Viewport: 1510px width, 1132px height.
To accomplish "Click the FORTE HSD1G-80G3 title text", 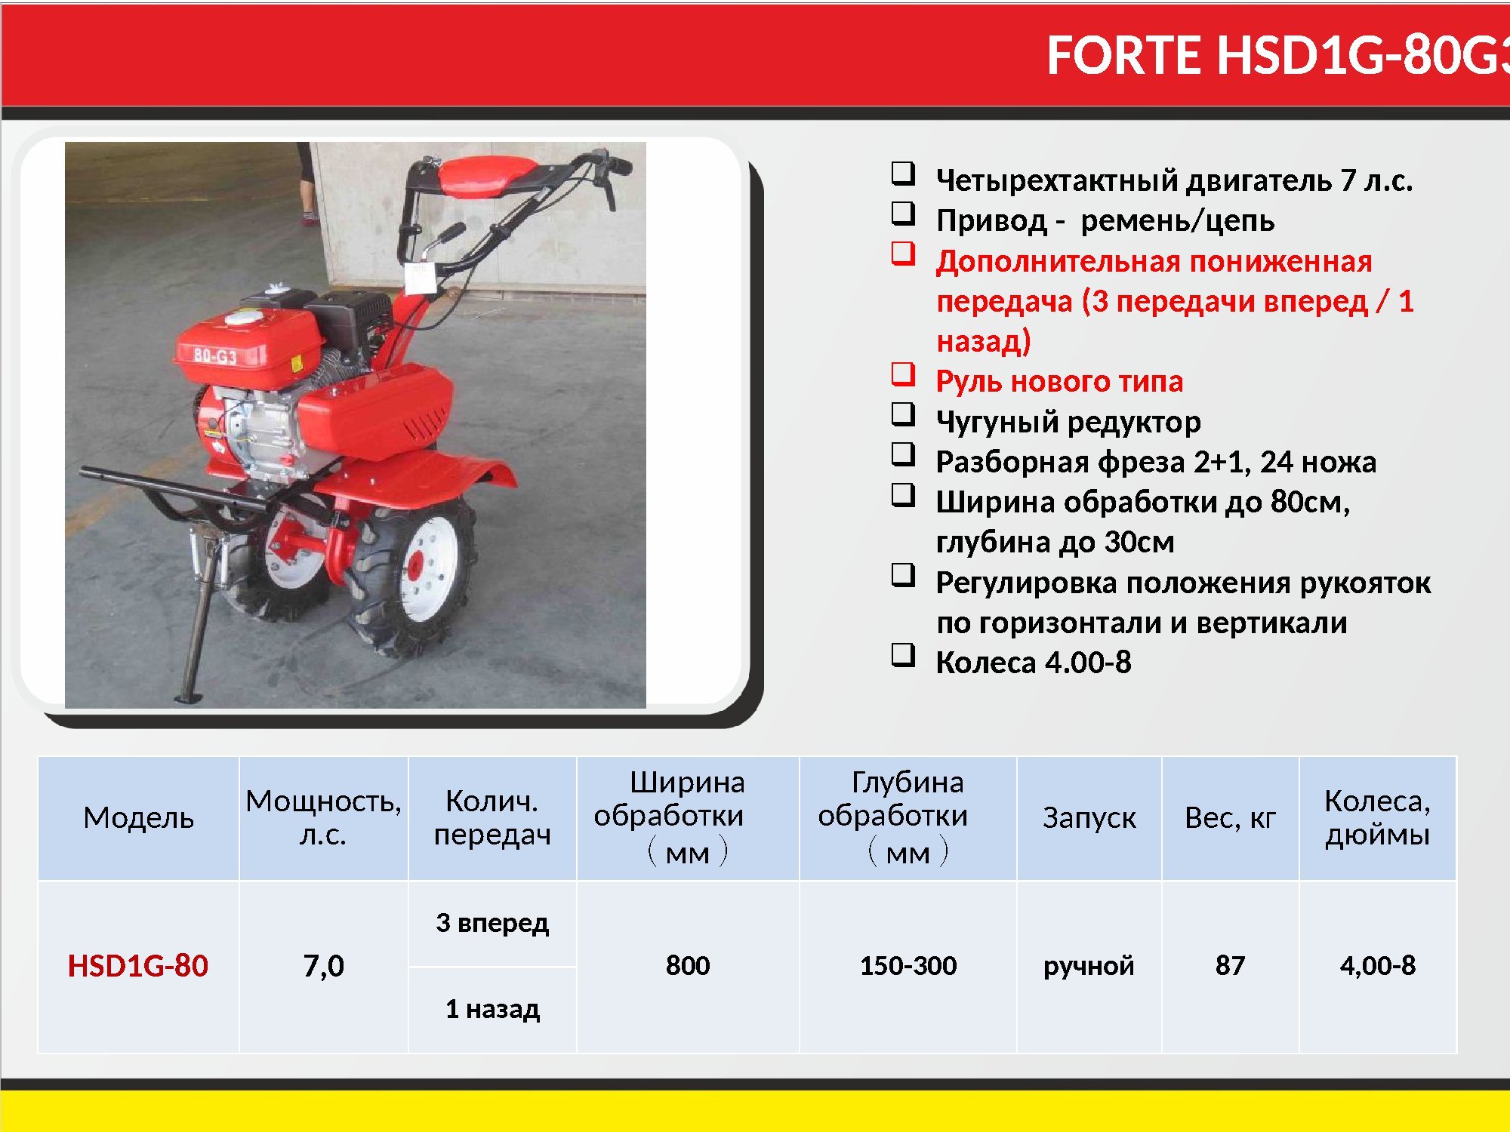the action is [1278, 55].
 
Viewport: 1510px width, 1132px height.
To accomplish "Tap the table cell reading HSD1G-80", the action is [138, 966].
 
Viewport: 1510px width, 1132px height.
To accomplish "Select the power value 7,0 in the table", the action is [323, 966].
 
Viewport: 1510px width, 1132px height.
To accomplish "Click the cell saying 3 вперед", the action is [492, 923].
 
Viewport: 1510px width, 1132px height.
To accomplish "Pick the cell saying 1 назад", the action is [492, 1009].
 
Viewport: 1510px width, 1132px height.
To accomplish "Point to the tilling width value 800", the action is [688, 965].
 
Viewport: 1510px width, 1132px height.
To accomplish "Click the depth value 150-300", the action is [908, 965].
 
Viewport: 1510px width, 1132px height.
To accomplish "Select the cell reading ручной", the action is [1089, 966].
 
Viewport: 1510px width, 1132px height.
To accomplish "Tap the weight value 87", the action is [1230, 965].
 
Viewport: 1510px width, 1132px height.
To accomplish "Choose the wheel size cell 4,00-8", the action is [1378, 966].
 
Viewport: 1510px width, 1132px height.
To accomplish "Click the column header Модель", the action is [139, 818].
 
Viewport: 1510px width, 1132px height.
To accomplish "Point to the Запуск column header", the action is [1089, 818].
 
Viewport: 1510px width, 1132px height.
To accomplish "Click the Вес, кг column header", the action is [1230, 818].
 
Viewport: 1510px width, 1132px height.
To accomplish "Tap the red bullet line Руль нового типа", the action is [1059, 381].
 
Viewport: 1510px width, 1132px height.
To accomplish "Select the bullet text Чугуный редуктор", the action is [1068, 421].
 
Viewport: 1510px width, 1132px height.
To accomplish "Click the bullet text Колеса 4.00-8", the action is [1034, 662].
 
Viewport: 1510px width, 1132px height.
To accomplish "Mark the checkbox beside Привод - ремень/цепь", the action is [903, 214].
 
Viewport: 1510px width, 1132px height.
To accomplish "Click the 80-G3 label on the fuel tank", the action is [215, 355].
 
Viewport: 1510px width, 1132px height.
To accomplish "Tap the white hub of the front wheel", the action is [428, 563].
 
